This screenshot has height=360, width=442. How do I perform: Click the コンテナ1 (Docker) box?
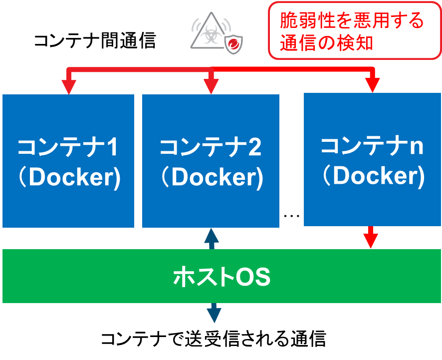click(x=68, y=161)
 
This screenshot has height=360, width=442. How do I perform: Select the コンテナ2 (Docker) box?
click(x=211, y=161)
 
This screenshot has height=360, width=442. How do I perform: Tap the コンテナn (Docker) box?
click(x=372, y=160)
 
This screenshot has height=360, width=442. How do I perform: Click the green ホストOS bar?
click(x=221, y=276)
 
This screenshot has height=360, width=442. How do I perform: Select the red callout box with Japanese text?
click(x=355, y=30)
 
